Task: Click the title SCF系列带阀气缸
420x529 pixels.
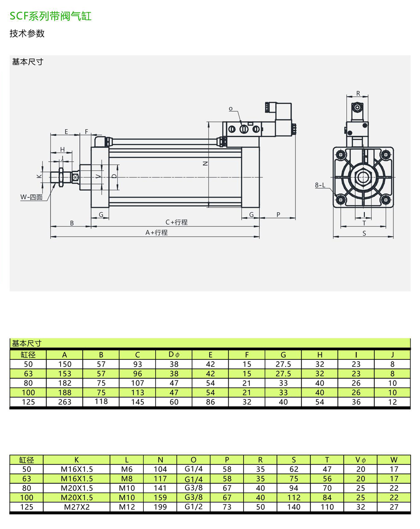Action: (x=50, y=16)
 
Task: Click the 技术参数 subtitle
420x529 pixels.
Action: (x=27, y=34)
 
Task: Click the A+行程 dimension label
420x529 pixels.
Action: (x=156, y=232)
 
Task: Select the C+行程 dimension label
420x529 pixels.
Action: (x=176, y=222)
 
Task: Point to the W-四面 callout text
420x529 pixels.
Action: (x=31, y=197)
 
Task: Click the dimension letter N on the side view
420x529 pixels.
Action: (x=205, y=163)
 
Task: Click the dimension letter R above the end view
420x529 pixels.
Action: (x=358, y=93)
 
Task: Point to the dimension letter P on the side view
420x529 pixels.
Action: (x=278, y=214)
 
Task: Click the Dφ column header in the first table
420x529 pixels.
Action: (x=174, y=355)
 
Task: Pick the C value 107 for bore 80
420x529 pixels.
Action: (x=138, y=383)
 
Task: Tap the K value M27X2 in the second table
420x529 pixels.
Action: (x=77, y=507)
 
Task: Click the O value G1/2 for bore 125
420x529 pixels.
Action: (x=194, y=507)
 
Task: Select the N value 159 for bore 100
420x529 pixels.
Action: (x=160, y=498)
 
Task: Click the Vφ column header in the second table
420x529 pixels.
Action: (x=361, y=460)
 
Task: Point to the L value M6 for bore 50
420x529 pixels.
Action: (x=126, y=469)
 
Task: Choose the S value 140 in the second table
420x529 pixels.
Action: (x=294, y=507)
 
